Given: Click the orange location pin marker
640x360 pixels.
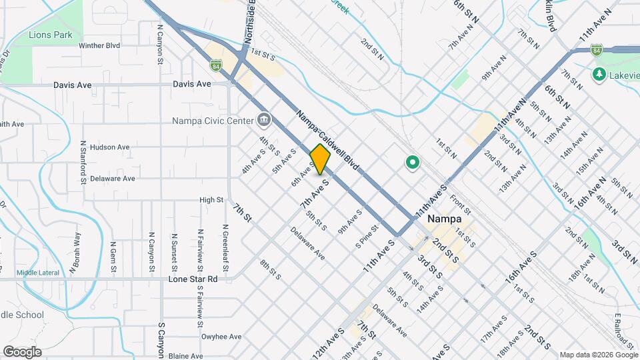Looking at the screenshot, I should pos(320,159).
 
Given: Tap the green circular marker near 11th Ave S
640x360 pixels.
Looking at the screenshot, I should pos(412,162).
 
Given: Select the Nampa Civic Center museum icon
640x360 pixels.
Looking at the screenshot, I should pos(264,120).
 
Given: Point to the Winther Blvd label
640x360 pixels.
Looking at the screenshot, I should pos(99,46).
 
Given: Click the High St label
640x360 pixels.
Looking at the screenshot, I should pos(211,199).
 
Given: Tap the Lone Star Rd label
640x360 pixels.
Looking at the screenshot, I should pos(194,279).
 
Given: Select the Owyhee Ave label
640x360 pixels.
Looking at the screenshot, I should pos(221,337).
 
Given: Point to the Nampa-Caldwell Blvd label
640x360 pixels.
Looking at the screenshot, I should pos(328,139).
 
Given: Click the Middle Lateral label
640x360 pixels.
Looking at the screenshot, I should pos(38,272).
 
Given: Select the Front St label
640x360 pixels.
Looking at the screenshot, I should pos(461,197).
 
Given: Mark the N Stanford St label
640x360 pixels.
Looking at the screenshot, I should pos(83,161).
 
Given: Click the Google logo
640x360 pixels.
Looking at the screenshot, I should pos(22,351).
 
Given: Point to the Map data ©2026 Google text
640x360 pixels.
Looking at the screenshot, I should pos(598,355).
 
